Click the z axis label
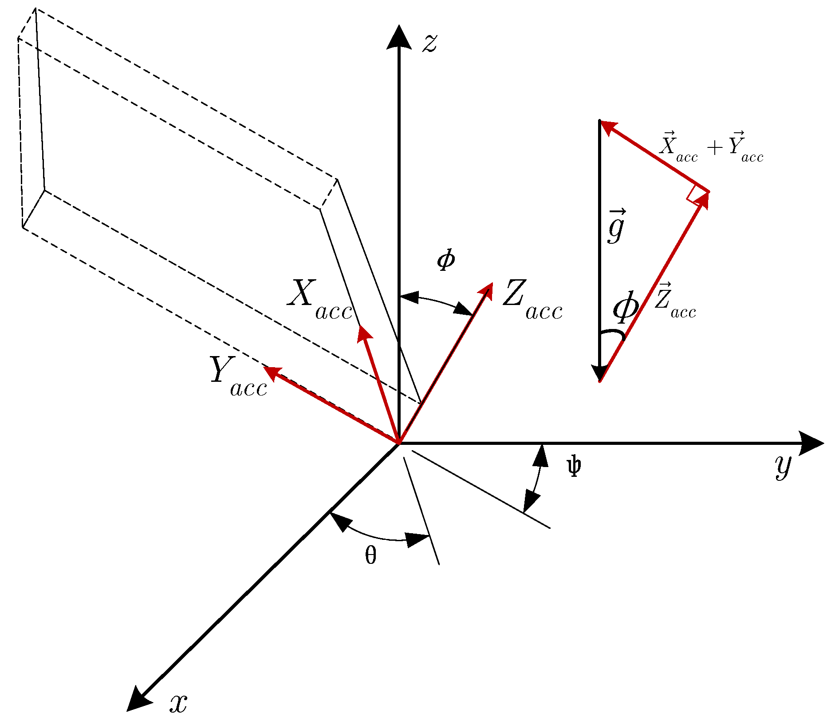(x=429, y=44)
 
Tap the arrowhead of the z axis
(x=399, y=36)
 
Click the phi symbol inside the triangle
(x=626, y=308)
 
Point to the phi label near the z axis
(x=446, y=260)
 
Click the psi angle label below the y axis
(x=574, y=467)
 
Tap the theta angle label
(x=371, y=555)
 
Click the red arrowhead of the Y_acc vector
(x=272, y=373)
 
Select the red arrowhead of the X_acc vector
(x=364, y=333)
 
